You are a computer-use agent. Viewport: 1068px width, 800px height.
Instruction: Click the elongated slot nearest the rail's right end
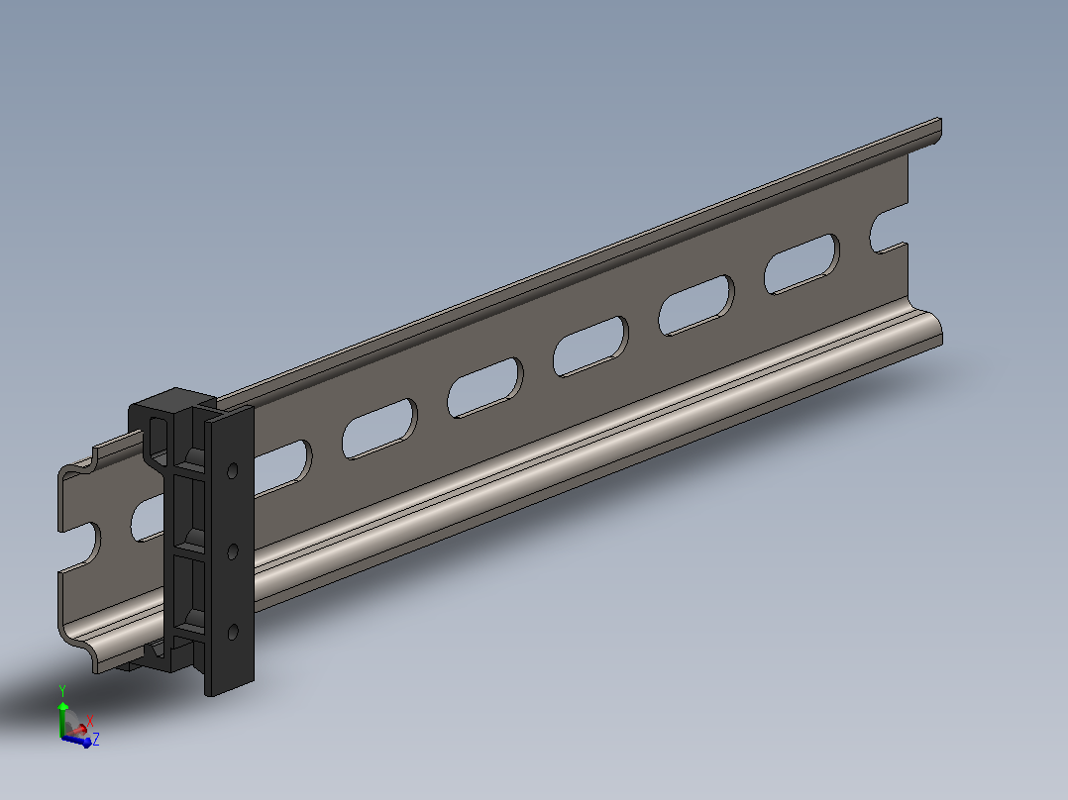[x=801, y=264]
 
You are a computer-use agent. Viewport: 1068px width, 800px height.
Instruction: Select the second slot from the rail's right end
[x=696, y=305]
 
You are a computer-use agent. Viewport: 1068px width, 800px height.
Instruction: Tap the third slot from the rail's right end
[x=590, y=347]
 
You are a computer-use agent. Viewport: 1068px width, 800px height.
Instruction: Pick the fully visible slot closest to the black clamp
[x=380, y=429]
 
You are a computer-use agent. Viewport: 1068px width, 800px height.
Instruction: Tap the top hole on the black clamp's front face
[x=232, y=470]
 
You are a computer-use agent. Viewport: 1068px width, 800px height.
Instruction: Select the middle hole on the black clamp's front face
[x=232, y=550]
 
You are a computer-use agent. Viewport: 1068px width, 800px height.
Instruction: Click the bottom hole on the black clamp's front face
[x=232, y=632]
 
